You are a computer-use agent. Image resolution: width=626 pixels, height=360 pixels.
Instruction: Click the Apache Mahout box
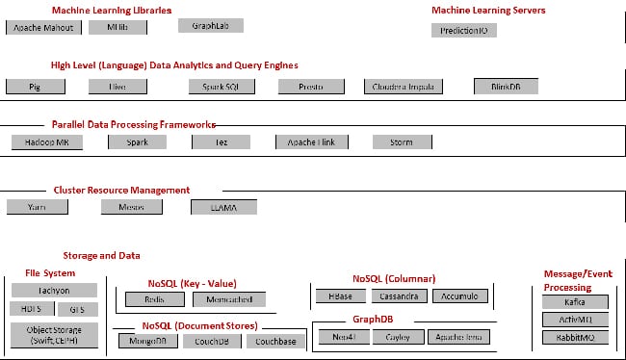coord(41,28)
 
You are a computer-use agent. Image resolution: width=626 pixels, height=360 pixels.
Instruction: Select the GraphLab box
coord(210,26)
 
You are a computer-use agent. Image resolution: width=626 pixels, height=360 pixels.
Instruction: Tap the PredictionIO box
coord(463,30)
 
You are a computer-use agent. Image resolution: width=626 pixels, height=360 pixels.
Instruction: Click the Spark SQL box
coord(221,86)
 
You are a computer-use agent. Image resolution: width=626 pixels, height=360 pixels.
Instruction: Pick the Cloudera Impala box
coord(404,86)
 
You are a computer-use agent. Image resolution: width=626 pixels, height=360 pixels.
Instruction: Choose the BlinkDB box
coord(506,86)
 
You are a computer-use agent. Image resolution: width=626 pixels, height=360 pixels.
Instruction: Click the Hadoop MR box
coord(46,141)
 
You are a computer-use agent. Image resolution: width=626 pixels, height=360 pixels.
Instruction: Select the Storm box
coord(400,141)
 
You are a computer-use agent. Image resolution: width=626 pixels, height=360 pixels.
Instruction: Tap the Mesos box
coord(131,206)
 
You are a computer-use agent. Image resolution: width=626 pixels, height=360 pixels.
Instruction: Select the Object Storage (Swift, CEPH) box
coord(54,334)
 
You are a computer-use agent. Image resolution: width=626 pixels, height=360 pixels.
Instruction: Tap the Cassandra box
coord(398,296)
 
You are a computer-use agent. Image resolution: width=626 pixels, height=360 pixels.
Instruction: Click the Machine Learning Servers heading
coord(488,10)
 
